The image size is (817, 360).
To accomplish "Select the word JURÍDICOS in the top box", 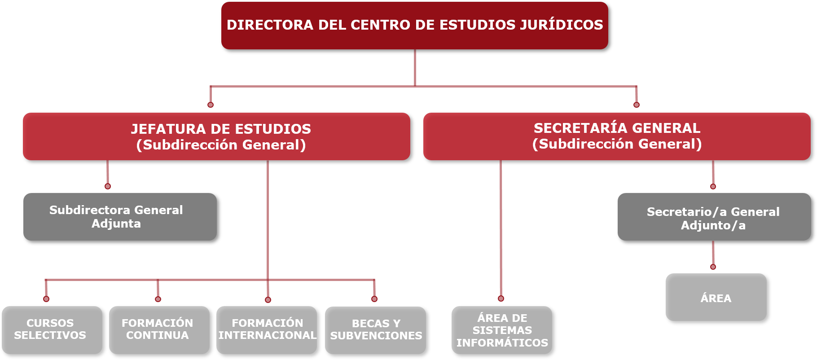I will pos(561,25).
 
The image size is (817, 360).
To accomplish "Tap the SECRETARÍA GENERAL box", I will pos(617,136).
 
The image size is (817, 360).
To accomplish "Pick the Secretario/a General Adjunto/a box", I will pos(714,217).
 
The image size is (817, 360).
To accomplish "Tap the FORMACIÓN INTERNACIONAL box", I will pos(267,330).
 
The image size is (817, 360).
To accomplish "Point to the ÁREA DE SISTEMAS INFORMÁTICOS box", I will pos(502,330).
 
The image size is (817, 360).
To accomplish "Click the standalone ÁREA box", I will pos(716,297).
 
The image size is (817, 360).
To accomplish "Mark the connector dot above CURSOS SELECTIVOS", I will pos(46,299).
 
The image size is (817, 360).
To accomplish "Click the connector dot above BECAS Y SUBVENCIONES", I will pos(374,299).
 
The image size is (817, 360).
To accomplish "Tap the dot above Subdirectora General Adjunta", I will pos(108,186).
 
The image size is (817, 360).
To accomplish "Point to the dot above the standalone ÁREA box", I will pos(713,267).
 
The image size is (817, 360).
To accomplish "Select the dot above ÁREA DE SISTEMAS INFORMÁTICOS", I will pos(501,299).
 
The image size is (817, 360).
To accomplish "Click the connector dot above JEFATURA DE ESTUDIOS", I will pos(211,105).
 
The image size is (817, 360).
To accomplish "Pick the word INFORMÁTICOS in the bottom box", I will pos(502,343).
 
